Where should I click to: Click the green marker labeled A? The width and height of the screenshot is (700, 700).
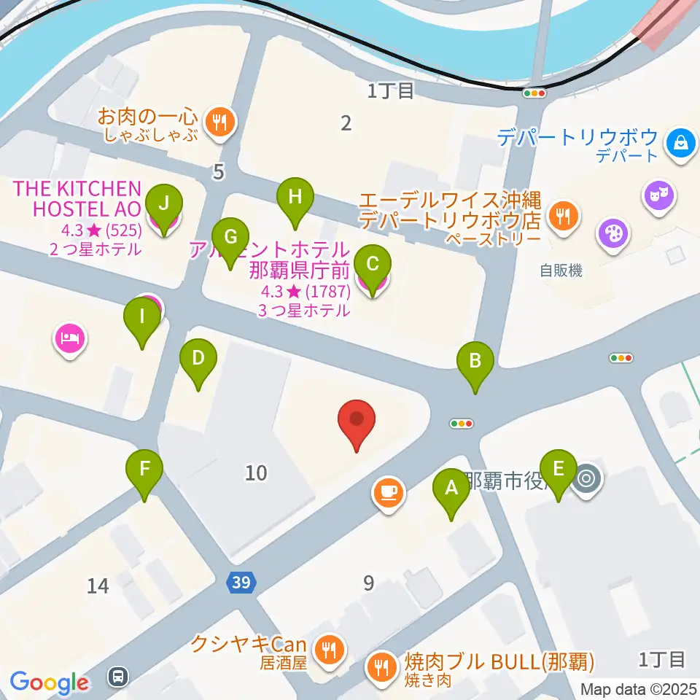pyautogui.click(x=451, y=488)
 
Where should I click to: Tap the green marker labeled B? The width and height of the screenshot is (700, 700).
pyautogui.click(x=475, y=361)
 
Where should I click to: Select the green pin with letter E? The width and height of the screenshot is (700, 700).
pyautogui.click(x=559, y=470)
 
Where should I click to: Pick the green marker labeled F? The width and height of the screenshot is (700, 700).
pyautogui.click(x=144, y=470)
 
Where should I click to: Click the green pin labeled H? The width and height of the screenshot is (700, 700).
pyautogui.click(x=295, y=197)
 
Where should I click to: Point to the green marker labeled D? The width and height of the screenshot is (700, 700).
pyautogui.click(x=198, y=359)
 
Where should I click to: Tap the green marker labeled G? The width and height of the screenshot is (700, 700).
pyautogui.click(x=230, y=238)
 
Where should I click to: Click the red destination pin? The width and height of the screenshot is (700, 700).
pyautogui.click(x=357, y=421)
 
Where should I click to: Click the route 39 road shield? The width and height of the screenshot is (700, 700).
pyautogui.click(x=241, y=582)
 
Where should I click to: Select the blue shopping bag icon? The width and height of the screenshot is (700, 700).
pyautogui.click(x=680, y=141)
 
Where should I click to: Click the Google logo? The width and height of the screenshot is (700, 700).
pyautogui.click(x=49, y=682)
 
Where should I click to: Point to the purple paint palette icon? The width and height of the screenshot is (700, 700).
pyautogui.click(x=612, y=235)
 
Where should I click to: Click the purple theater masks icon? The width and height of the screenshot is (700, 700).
pyautogui.click(x=658, y=195)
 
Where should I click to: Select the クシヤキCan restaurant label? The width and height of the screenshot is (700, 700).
pyautogui.click(x=248, y=644)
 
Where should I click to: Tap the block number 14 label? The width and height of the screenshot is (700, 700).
pyautogui.click(x=98, y=585)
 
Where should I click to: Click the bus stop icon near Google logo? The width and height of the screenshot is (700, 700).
pyautogui.click(x=117, y=676)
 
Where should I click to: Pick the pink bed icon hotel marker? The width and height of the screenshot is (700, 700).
pyautogui.click(x=70, y=338)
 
